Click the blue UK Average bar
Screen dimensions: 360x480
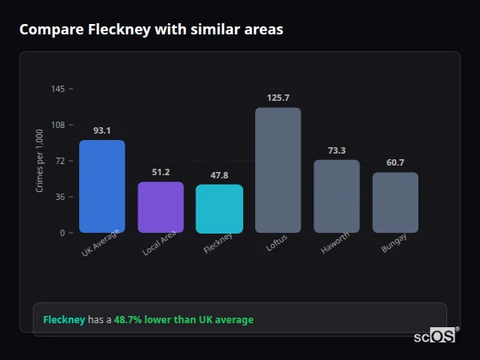[102, 186]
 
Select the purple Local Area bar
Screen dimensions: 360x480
[161, 207]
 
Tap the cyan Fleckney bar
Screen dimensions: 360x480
[219, 209]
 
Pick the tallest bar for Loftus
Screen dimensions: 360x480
[278, 170]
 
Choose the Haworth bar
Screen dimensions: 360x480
[336, 196]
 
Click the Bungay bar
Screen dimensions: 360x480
[395, 202]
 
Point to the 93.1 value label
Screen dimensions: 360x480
[102, 130]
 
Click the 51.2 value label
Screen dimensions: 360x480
[161, 172]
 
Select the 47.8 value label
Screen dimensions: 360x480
[219, 175]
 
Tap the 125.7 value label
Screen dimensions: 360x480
[278, 98]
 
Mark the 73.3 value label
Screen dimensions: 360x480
[336, 150]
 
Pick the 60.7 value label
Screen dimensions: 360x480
[395, 162]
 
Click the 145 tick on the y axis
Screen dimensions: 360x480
[58, 89]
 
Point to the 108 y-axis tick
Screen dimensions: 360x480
[58, 125]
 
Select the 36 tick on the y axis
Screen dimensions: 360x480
[60, 197]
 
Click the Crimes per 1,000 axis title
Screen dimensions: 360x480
[40, 161]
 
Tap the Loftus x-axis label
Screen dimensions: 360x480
[276, 243]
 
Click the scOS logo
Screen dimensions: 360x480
[434, 337]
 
